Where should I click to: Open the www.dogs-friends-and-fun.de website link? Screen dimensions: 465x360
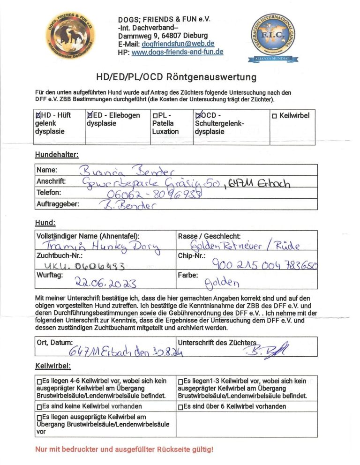(177, 52)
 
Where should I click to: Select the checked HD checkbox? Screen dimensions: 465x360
(38, 115)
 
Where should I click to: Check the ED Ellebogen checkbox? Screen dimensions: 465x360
(90, 115)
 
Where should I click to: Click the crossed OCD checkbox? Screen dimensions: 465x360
(198, 115)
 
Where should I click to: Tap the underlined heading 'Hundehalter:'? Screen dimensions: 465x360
(56, 155)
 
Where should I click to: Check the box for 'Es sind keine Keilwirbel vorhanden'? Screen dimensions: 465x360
(39, 406)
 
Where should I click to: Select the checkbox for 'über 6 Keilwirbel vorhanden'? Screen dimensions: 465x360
(181, 406)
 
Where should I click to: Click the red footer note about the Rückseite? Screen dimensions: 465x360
(124, 450)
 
